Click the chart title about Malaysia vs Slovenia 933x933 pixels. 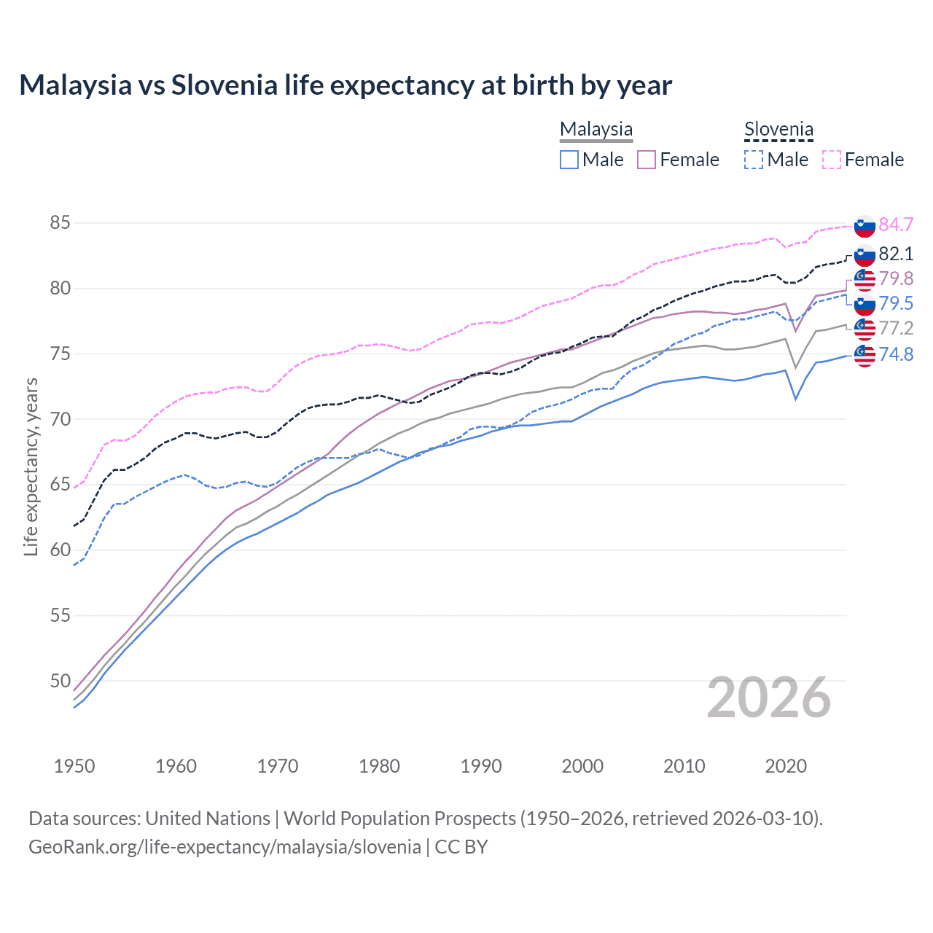tap(345, 85)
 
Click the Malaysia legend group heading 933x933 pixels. tap(596, 129)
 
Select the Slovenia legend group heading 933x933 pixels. tap(778, 129)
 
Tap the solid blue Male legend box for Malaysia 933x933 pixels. tap(569, 160)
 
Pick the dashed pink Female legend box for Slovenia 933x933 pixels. tap(832, 160)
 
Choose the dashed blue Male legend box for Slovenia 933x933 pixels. tap(754, 160)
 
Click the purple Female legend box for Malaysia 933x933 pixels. tap(647, 160)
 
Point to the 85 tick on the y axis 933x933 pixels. tap(60, 222)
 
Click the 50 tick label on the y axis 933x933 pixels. tap(60, 681)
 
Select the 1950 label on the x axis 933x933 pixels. tap(74, 766)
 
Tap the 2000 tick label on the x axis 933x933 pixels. tap(582, 766)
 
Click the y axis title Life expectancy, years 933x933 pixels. tap(31, 466)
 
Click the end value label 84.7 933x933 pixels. tap(896, 225)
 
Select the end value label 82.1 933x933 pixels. tap(896, 254)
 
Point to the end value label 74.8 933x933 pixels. tap(896, 354)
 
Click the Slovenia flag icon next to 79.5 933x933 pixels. tap(864, 304)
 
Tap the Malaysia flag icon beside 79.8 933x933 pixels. tap(864, 279)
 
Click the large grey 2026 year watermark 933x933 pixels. tap(768, 698)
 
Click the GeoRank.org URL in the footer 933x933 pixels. tap(225, 847)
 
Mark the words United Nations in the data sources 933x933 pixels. tap(208, 819)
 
